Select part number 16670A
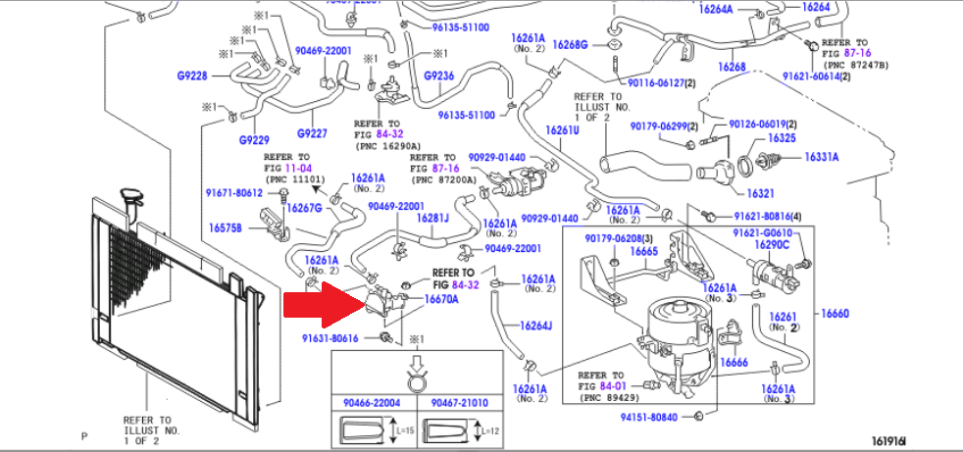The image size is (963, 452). (x=441, y=299)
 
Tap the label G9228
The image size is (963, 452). (x=192, y=75)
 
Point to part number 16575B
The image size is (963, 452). (x=226, y=226)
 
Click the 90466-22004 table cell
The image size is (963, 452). (x=372, y=402)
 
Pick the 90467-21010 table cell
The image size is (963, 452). (x=458, y=402)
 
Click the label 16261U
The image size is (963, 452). (x=563, y=130)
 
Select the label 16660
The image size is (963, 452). (x=835, y=314)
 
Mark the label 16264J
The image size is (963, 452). (x=535, y=326)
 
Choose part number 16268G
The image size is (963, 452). (x=570, y=44)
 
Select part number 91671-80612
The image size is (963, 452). (x=234, y=192)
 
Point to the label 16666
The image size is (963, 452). (x=734, y=362)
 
